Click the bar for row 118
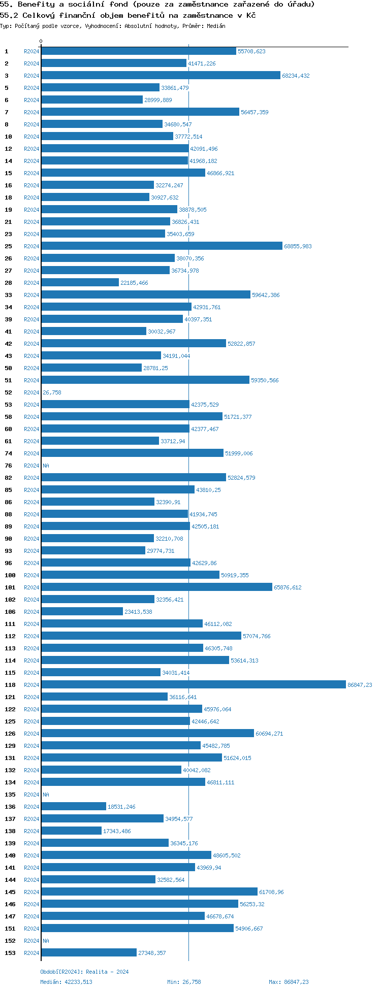193,685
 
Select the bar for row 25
162,246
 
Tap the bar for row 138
71,831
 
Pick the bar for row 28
80,283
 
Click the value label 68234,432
296,76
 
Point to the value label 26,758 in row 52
52,392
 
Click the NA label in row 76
46,466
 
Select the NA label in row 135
46,795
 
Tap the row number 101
10,587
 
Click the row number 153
10,953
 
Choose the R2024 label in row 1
31,51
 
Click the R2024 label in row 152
31,941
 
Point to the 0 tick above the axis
41,42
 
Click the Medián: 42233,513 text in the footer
66,982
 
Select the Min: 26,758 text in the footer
184,982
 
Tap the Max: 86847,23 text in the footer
289,982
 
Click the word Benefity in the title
36,5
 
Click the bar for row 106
82,612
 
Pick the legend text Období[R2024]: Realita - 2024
84,972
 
